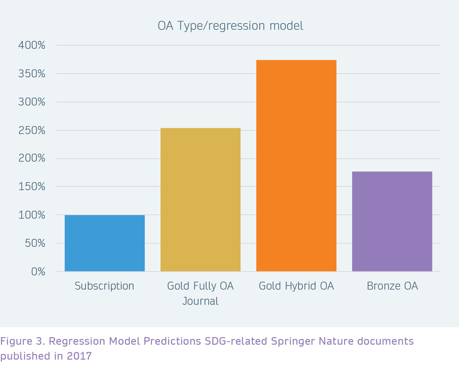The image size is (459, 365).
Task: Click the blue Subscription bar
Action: pos(105,243)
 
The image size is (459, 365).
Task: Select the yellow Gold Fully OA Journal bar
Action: pos(200,200)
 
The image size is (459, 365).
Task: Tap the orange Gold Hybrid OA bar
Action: pos(296,166)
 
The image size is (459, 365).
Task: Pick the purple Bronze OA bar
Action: pos(392,221)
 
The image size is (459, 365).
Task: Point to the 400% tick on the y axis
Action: pos(32,45)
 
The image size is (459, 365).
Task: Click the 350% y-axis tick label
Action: pos(32,74)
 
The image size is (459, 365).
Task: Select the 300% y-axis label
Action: pos(32,102)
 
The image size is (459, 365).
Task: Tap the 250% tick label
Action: pos(32,131)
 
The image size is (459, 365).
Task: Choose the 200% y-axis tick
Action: pos(32,158)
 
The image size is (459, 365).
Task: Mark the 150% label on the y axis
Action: pos(32,186)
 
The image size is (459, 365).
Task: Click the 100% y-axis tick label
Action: pos(32,215)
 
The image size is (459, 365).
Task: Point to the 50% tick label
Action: pos(35,243)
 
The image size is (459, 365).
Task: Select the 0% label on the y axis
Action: pos(38,272)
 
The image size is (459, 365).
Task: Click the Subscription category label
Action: pos(104,286)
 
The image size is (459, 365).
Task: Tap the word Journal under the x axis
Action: pos(200,301)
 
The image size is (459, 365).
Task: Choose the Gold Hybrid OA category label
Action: pos(296,286)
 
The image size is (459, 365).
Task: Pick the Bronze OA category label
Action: pos(392,286)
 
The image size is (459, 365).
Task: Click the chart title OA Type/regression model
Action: pos(230,26)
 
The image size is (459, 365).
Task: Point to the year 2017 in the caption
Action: pos(79,356)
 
